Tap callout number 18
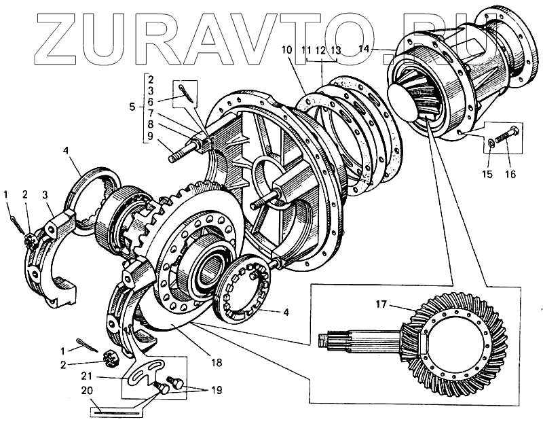pyautogui.click(x=216, y=363)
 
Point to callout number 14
pyautogui.click(x=364, y=49)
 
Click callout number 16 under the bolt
pyautogui.click(x=510, y=174)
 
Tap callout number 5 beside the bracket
pyautogui.click(x=132, y=107)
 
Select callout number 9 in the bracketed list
pyautogui.click(x=151, y=137)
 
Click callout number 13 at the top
pyautogui.click(x=335, y=50)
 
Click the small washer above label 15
pyautogui.click(x=490, y=143)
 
